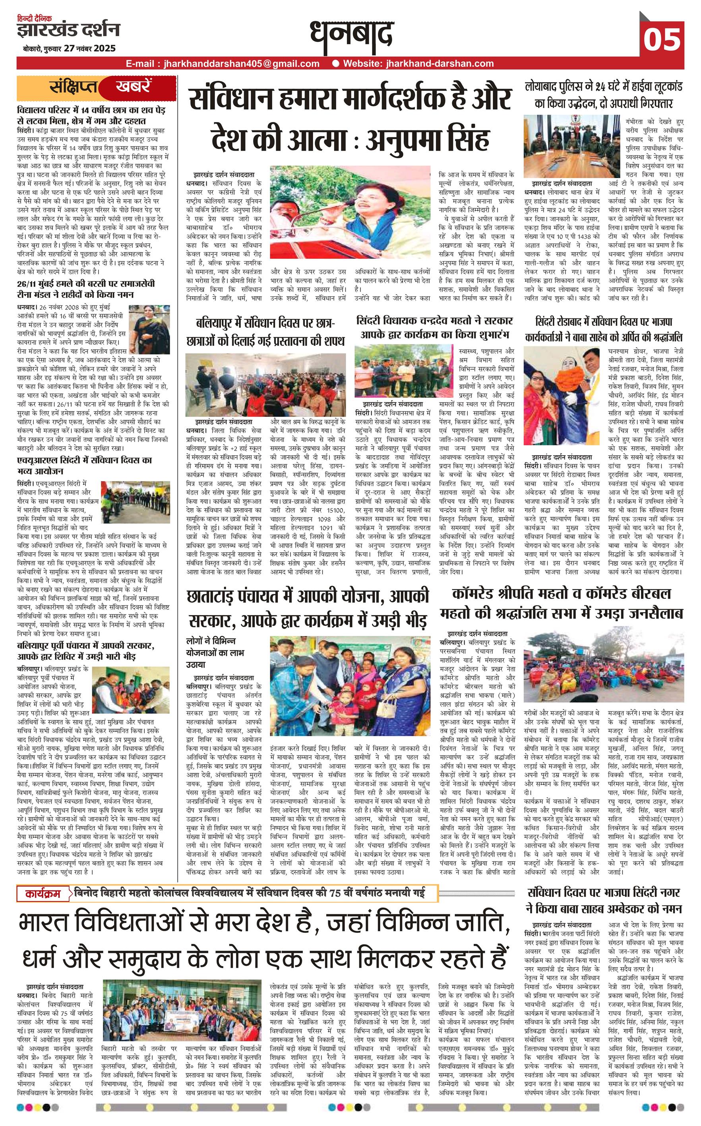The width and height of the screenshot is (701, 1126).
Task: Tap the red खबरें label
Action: click(x=134, y=87)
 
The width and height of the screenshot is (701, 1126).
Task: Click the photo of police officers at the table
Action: click(x=571, y=145)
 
